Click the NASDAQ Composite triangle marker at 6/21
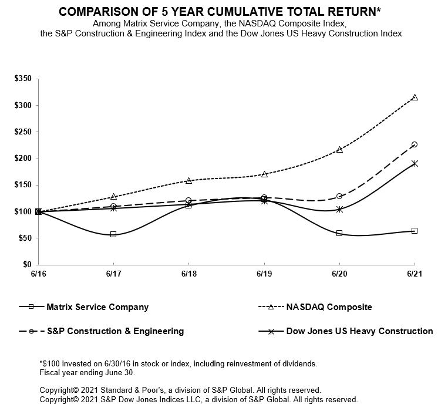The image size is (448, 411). click(x=415, y=97)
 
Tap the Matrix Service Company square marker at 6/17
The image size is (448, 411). click(x=113, y=234)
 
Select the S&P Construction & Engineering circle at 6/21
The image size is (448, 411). click(x=415, y=144)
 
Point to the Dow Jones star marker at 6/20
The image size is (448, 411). click(x=339, y=209)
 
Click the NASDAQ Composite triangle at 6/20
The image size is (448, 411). click(x=339, y=150)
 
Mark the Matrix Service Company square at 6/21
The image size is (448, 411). click(x=415, y=231)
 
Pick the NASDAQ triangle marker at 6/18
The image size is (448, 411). click(x=188, y=181)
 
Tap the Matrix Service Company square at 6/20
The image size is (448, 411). click(x=339, y=233)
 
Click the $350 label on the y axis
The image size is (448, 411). click(x=23, y=79)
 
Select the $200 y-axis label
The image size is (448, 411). click(x=23, y=159)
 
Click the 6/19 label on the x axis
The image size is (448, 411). click(x=264, y=274)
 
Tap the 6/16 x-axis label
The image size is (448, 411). click(x=38, y=274)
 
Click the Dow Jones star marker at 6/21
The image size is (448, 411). click(x=415, y=164)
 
